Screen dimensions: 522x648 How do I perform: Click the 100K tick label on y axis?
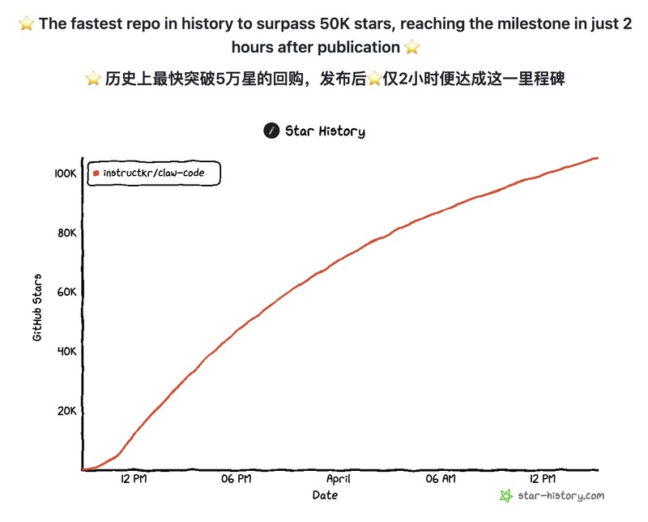point(65,173)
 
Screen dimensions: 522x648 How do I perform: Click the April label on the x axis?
point(338,479)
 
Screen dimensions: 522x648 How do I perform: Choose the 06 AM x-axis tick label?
point(441,479)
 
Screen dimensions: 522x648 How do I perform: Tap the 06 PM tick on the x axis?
point(236,479)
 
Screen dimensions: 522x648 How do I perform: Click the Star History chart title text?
point(325,131)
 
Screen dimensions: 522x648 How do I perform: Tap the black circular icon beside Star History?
point(271,131)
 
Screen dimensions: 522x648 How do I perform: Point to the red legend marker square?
point(96,173)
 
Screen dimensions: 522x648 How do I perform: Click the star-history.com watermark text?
point(561,495)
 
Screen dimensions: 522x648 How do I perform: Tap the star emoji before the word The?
point(26,24)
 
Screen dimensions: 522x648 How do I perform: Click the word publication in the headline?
point(360,48)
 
